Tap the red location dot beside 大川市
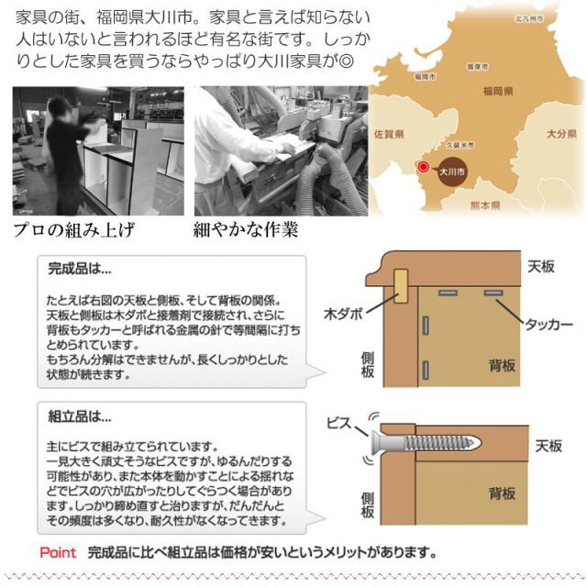point(423,168)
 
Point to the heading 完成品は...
point(79,271)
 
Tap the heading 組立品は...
point(79,415)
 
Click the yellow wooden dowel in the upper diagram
point(402,286)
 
